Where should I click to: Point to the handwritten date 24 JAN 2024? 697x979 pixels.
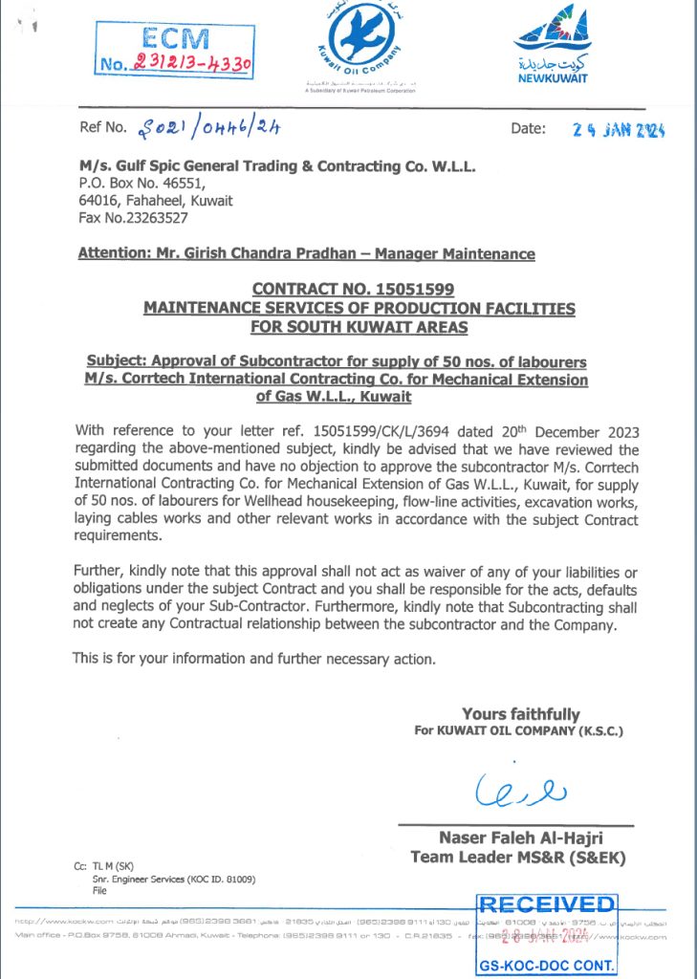click(619, 130)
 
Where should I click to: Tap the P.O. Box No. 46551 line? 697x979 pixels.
click(142, 184)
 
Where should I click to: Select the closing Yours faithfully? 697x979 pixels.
click(520, 714)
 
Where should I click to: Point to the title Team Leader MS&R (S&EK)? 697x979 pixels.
click(517, 857)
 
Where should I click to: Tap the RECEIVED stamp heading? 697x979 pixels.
click(547, 904)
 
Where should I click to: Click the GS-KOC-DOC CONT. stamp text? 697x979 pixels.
click(547, 966)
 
